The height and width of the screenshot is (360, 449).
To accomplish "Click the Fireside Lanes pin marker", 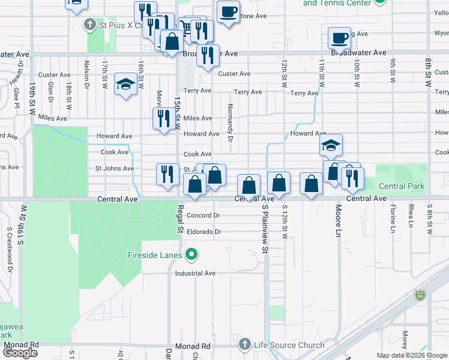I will tap(191, 256).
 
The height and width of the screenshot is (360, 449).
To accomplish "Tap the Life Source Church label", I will tap(289, 345).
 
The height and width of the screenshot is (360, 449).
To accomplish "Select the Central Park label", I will tap(401, 186).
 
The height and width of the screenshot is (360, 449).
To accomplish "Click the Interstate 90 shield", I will tap(420, 296).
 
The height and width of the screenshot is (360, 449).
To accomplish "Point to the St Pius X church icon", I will tap(89, 25).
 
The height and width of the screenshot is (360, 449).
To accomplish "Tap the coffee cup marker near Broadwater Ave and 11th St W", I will tap(339, 38).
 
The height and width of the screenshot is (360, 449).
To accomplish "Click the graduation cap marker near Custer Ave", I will tap(125, 84).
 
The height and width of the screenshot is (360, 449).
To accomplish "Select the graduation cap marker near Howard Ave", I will tap(330, 145).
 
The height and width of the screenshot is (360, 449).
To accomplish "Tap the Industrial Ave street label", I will tap(195, 274).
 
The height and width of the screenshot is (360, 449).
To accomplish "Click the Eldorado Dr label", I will tap(204, 232).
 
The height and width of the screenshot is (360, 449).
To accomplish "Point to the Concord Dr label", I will tap(203, 215).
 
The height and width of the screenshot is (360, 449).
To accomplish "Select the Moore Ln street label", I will tap(339, 221).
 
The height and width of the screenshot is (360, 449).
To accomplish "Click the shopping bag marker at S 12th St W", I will tap(279, 183).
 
